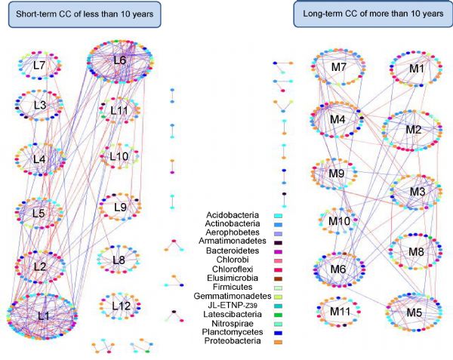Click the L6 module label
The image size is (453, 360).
click(121, 60)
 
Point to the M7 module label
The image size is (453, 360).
click(338, 69)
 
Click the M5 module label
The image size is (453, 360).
click(414, 312)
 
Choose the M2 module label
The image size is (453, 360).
click(412, 130)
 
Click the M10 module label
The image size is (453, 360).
click(339, 221)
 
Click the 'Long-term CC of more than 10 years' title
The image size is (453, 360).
click(368, 14)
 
